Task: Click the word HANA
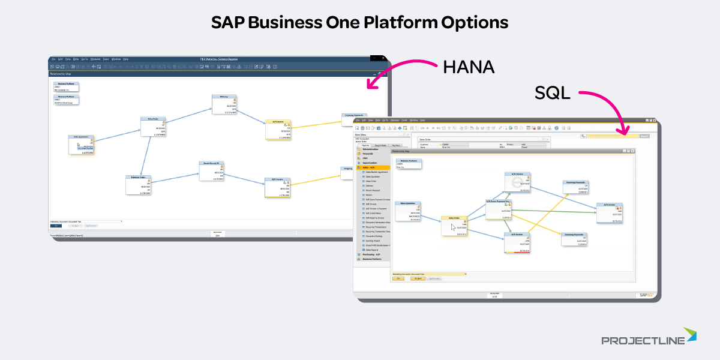click(x=469, y=67)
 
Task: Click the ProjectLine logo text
click(x=643, y=341)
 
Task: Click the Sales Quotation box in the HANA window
click(x=82, y=145)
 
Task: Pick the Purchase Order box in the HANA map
click(x=139, y=185)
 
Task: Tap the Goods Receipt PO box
click(x=212, y=170)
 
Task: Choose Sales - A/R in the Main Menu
click(x=373, y=167)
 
